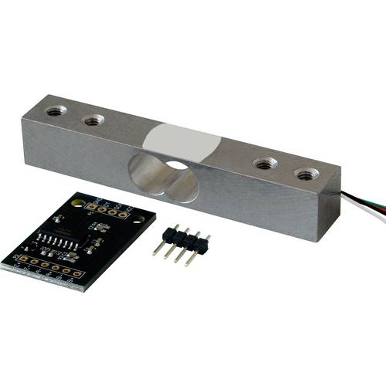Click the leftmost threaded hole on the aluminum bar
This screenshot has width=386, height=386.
point(56,110)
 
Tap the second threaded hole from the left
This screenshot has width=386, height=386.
point(93,120)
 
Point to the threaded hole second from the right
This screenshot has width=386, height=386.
point(266,163)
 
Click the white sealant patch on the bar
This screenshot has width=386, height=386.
point(183,143)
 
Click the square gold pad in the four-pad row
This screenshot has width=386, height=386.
point(92,206)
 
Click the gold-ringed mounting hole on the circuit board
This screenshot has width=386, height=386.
point(77,201)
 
